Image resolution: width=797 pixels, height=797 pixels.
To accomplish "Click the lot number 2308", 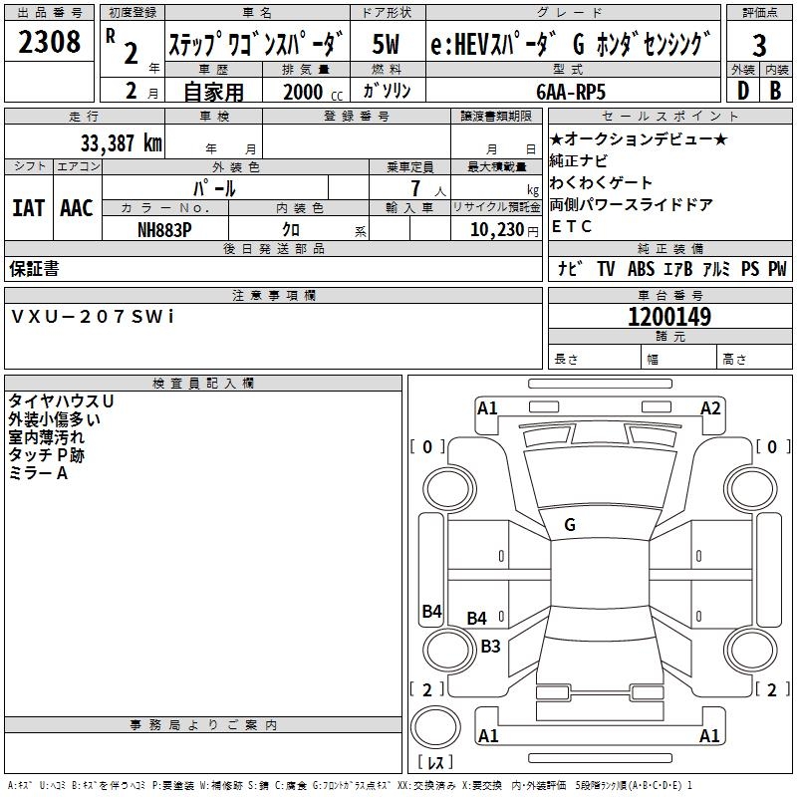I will pos(50,42).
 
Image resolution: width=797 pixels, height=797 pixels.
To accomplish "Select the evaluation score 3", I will pos(759,45).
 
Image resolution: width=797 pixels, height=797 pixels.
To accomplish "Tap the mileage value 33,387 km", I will pos(122,142).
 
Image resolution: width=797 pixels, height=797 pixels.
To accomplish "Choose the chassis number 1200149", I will pos(669,317).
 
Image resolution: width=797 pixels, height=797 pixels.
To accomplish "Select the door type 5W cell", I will pos(387,44).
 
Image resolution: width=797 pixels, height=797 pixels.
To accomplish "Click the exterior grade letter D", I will pos(742,91).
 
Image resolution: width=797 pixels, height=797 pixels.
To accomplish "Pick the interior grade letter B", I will pos(775,91).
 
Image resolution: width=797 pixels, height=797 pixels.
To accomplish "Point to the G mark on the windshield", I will pos(570,524).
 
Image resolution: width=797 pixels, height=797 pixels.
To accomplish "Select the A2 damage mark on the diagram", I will pos(710,407).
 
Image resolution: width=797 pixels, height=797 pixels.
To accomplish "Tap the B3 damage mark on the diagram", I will pos(490,646).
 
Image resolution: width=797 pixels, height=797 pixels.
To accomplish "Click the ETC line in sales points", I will pos(571,226).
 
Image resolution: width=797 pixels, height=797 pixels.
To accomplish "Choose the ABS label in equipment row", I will pos(641,269).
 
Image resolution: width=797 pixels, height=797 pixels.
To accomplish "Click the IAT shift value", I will pos(28,208).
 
